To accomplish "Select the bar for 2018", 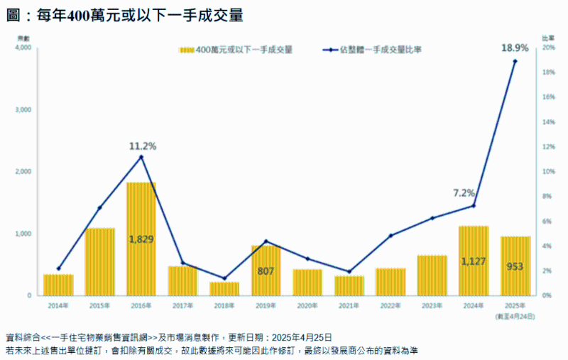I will point(224,288).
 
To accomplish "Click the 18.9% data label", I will point(515,48).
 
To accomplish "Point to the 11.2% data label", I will point(142,146).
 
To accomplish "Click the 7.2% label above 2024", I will point(463,192).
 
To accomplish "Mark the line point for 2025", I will point(515,61).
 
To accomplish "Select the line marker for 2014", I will point(58,268).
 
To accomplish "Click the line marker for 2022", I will point(390,236).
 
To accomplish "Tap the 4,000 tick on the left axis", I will point(23,48).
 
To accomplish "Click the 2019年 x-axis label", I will point(266,305).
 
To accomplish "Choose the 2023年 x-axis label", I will point(432,305).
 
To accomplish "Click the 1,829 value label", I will point(141,239).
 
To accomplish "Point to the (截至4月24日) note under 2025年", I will point(515,315).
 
